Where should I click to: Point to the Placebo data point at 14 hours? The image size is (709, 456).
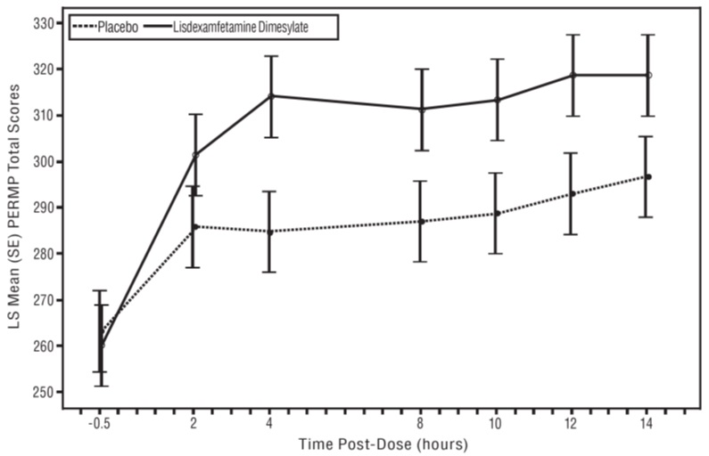[x=649, y=176]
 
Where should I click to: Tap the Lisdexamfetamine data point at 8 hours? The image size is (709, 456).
[x=421, y=109]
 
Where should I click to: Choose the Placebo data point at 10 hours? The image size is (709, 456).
[x=497, y=214]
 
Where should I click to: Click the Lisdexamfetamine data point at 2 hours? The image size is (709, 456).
[x=195, y=155]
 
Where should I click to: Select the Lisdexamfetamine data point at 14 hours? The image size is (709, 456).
[x=649, y=75]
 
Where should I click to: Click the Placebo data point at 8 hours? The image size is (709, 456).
[x=421, y=221]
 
